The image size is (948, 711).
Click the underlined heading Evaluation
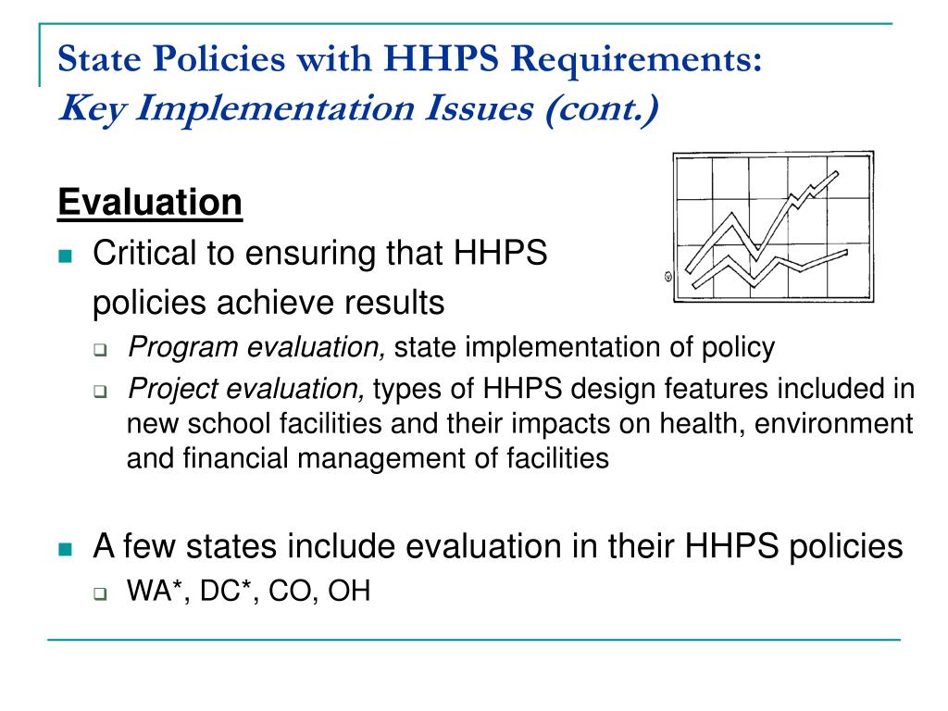[150, 202]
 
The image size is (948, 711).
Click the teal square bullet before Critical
[65, 256]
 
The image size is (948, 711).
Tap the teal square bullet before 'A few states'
[65, 548]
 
